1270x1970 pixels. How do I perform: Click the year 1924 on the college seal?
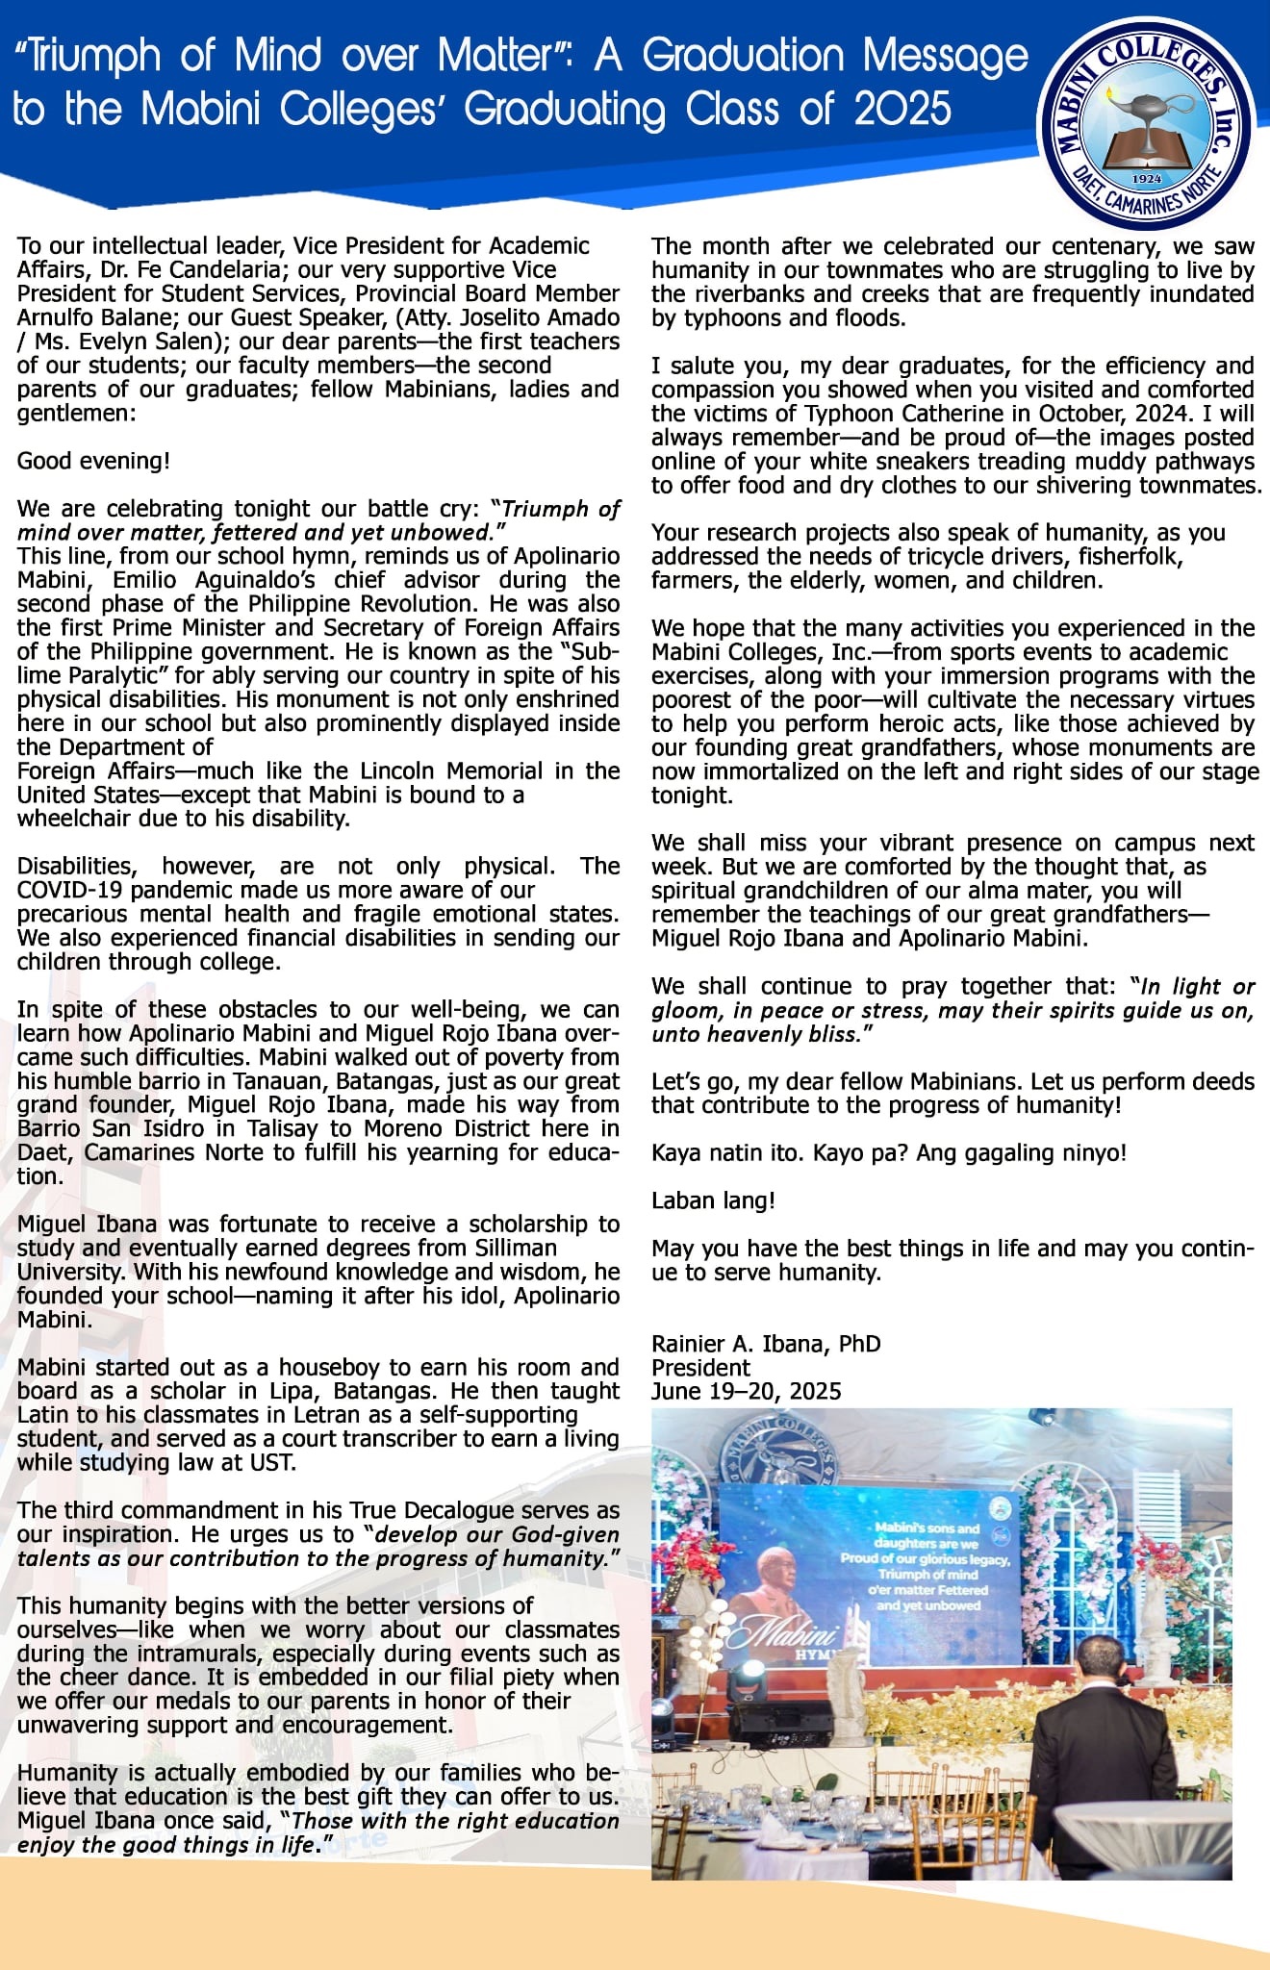[1148, 178]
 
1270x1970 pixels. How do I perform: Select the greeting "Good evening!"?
[93, 461]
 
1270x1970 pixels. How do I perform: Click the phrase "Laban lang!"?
[713, 1200]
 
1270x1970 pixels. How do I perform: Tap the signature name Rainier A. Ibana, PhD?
[766, 1344]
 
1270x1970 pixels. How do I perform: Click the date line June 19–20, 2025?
[747, 1392]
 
